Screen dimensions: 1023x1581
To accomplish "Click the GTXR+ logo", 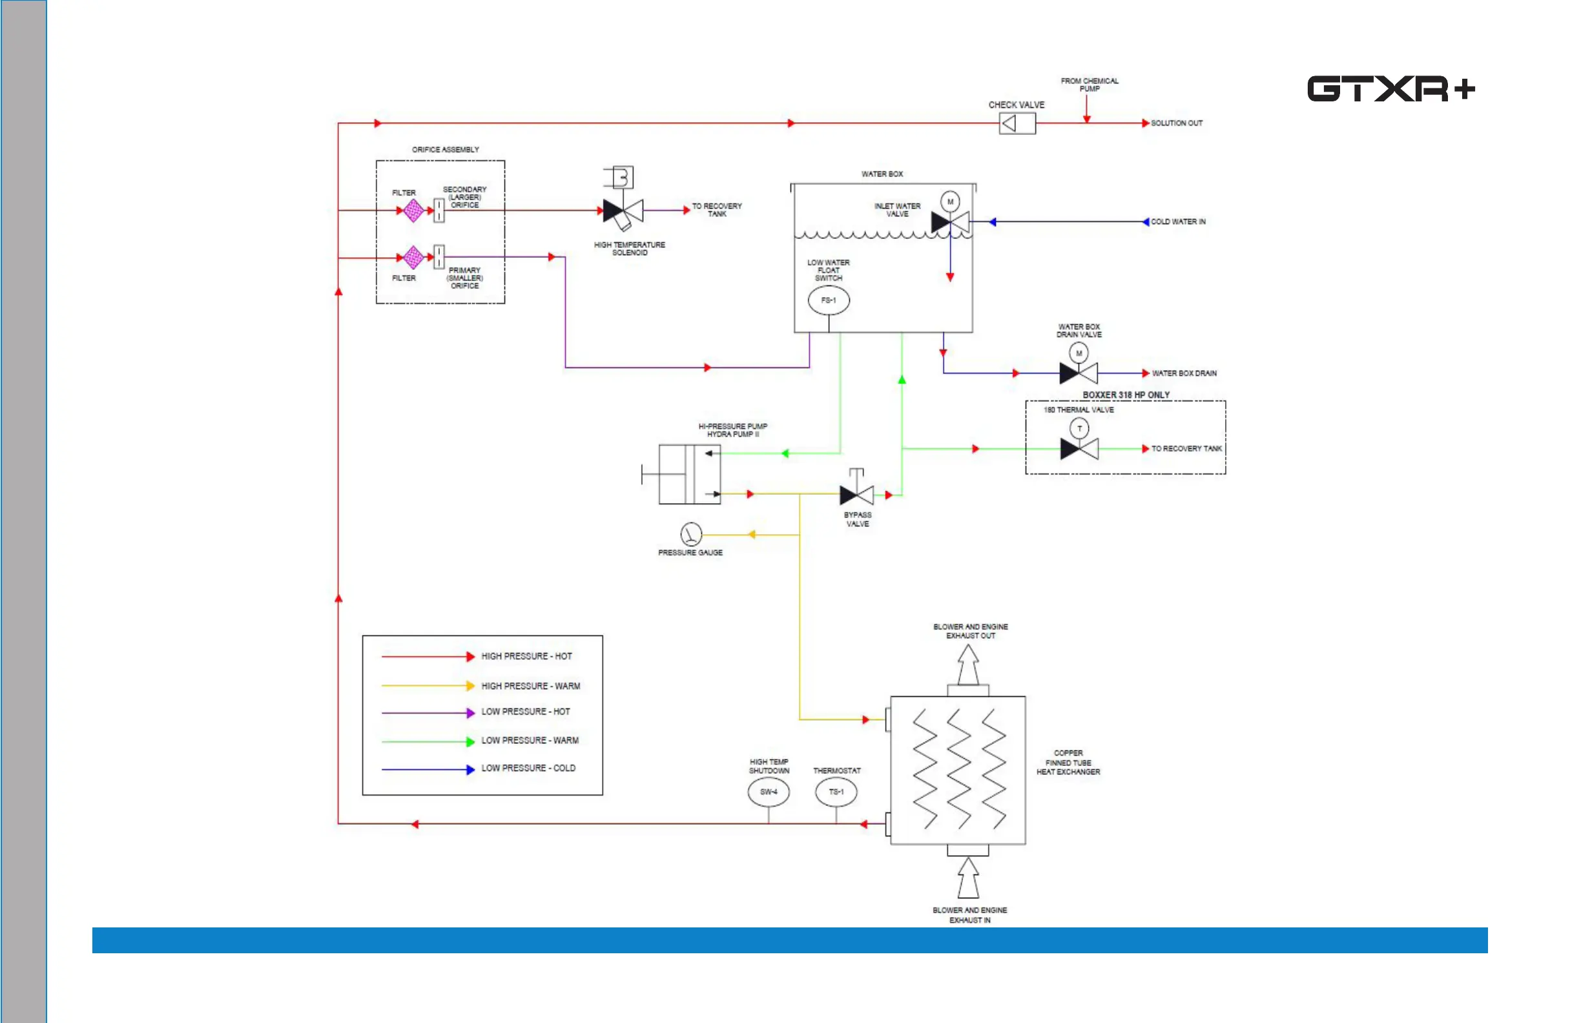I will [x=1391, y=89].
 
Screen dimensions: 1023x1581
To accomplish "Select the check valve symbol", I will [x=1017, y=123].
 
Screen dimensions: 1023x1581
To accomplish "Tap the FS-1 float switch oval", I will [x=829, y=300].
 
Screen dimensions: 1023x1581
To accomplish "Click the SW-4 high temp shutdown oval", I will [x=769, y=792].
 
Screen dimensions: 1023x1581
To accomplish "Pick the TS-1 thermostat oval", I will [x=836, y=792].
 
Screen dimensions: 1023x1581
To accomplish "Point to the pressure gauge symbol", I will [x=691, y=534].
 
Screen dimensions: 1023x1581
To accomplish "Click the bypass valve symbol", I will [x=857, y=494].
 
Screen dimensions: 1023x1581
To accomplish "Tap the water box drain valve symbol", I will [x=1078, y=373].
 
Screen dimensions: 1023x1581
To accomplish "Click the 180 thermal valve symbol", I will [x=1079, y=448].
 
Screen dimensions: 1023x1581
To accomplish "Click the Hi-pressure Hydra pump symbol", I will [x=689, y=474].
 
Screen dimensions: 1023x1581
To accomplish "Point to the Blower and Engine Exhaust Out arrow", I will [x=968, y=665].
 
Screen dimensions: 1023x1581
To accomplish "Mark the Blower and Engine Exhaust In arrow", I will [x=968, y=878].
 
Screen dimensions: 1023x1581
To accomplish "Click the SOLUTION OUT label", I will [x=1177, y=123].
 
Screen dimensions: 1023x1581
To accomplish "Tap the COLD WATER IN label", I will [x=1178, y=222].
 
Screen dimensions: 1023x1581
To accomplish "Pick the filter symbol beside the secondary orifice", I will [x=413, y=211].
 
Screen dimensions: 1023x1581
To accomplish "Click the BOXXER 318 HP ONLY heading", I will [x=1126, y=395].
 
